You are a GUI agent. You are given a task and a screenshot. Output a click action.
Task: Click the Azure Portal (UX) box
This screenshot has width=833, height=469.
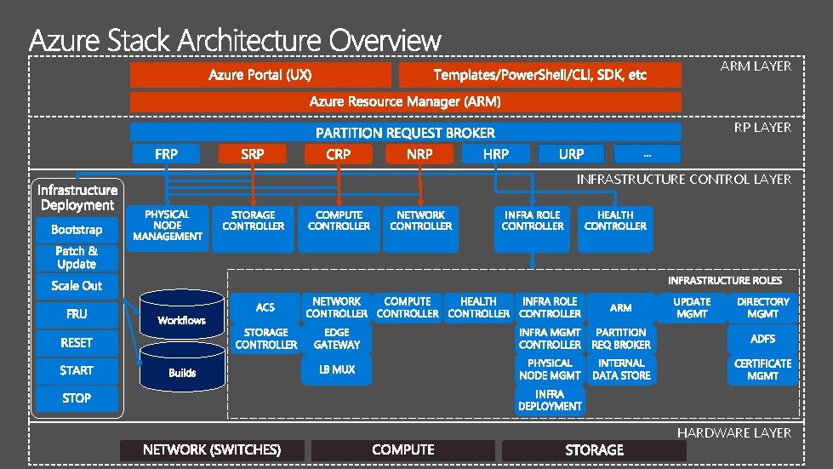pos(260,75)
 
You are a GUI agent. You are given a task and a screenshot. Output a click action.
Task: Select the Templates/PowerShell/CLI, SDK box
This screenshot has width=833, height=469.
pos(539,75)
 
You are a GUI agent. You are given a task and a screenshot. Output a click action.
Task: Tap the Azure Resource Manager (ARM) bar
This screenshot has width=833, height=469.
pos(405,102)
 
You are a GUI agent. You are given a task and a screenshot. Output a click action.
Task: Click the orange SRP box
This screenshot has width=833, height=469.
pos(252,154)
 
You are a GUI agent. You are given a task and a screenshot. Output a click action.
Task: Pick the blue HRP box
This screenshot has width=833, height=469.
pos(495,154)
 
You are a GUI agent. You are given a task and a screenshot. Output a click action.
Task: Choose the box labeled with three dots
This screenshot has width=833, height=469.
pos(648,154)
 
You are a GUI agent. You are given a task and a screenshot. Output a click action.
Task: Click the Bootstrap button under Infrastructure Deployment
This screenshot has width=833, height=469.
pos(77,230)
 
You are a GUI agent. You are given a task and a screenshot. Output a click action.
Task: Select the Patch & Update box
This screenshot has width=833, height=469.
pos(77,257)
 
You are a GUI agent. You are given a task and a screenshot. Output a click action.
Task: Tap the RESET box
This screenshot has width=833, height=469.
pos(77,342)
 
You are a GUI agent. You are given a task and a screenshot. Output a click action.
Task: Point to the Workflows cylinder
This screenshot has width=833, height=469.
pos(182,316)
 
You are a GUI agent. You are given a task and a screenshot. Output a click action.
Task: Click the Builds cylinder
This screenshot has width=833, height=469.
pos(182,367)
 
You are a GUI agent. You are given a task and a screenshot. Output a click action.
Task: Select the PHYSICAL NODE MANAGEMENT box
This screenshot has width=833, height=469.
pos(167,226)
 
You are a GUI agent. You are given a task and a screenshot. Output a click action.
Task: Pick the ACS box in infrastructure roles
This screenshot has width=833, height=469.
pos(265,307)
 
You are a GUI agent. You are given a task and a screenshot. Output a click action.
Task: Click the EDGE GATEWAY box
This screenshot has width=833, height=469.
pos(337,339)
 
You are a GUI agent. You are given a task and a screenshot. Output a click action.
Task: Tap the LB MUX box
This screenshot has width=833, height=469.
pos(337,369)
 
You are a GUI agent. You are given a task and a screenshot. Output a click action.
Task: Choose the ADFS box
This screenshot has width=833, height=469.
pos(762,339)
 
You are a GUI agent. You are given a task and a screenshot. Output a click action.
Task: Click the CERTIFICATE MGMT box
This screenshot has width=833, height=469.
pos(762,369)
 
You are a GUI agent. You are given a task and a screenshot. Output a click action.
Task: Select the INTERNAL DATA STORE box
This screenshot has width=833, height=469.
pos(621,369)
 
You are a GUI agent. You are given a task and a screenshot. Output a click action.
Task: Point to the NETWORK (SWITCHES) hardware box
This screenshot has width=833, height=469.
pos(212,449)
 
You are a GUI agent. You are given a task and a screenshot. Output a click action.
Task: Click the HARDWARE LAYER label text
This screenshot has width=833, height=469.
pos(733,433)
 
